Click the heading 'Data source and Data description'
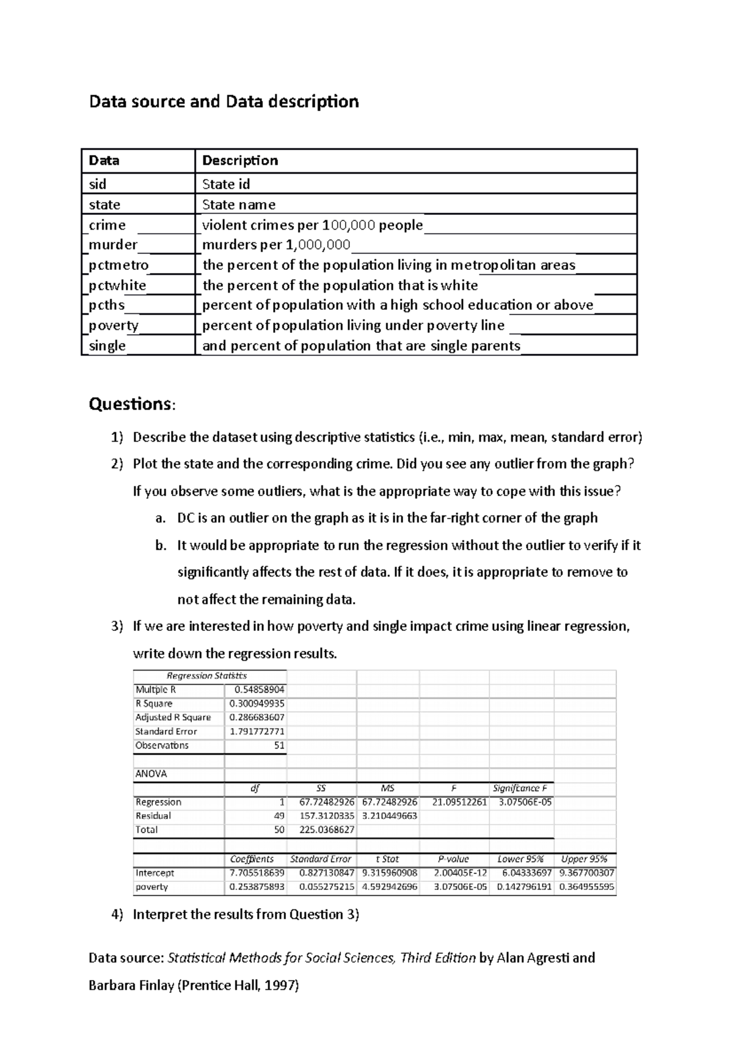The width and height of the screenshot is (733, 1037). tap(224, 101)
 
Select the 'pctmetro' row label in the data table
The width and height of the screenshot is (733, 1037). tap(119, 265)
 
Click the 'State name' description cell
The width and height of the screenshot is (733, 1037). tap(239, 205)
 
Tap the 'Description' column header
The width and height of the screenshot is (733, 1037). tap(240, 161)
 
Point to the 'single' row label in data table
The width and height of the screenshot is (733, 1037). tap(108, 346)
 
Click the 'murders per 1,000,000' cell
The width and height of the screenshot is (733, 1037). tap(276, 245)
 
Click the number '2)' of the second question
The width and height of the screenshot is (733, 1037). tap(117, 464)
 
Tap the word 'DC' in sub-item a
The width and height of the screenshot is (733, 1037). tap(186, 518)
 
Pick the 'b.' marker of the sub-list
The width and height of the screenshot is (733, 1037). tap(161, 545)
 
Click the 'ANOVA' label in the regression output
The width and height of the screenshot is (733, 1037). tap(151, 774)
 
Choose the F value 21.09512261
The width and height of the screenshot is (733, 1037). tap(459, 802)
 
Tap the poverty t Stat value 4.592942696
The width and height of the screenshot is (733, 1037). tap(390, 887)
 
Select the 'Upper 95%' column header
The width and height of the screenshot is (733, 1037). tap(584, 859)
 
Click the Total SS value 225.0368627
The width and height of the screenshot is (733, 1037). tap(327, 830)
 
